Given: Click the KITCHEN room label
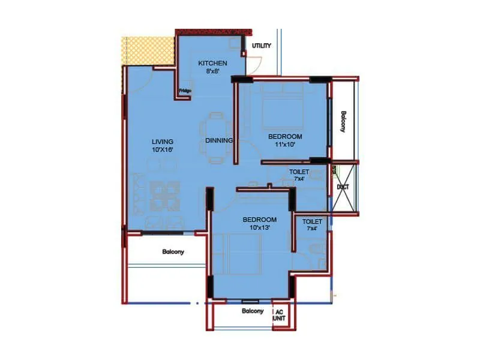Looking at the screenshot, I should pyautogui.click(x=213, y=63).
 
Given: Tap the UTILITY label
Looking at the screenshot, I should pyautogui.click(x=262, y=46).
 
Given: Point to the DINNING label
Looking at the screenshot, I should pyautogui.click(x=218, y=140).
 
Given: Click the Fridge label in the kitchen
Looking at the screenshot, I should pyautogui.click(x=184, y=91).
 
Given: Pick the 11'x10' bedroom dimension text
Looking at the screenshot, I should pyautogui.click(x=285, y=144).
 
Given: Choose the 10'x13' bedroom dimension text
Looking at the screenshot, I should pyautogui.click(x=260, y=227).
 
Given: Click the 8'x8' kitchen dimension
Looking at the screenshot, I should pyautogui.click(x=213, y=71).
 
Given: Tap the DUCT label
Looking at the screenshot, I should pyautogui.click(x=343, y=187).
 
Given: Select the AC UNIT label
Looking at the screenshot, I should pyautogui.click(x=279, y=316).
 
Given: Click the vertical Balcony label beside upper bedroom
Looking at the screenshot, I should pyautogui.click(x=343, y=122).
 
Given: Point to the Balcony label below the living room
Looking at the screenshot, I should pyautogui.click(x=173, y=251).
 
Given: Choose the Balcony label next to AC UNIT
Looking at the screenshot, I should pyautogui.click(x=253, y=311).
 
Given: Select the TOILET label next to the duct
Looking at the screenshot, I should pyautogui.click(x=299, y=171).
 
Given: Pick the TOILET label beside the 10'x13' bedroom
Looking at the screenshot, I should pyautogui.click(x=312, y=221).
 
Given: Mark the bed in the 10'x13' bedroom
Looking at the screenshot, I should pyautogui.click(x=243, y=255).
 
